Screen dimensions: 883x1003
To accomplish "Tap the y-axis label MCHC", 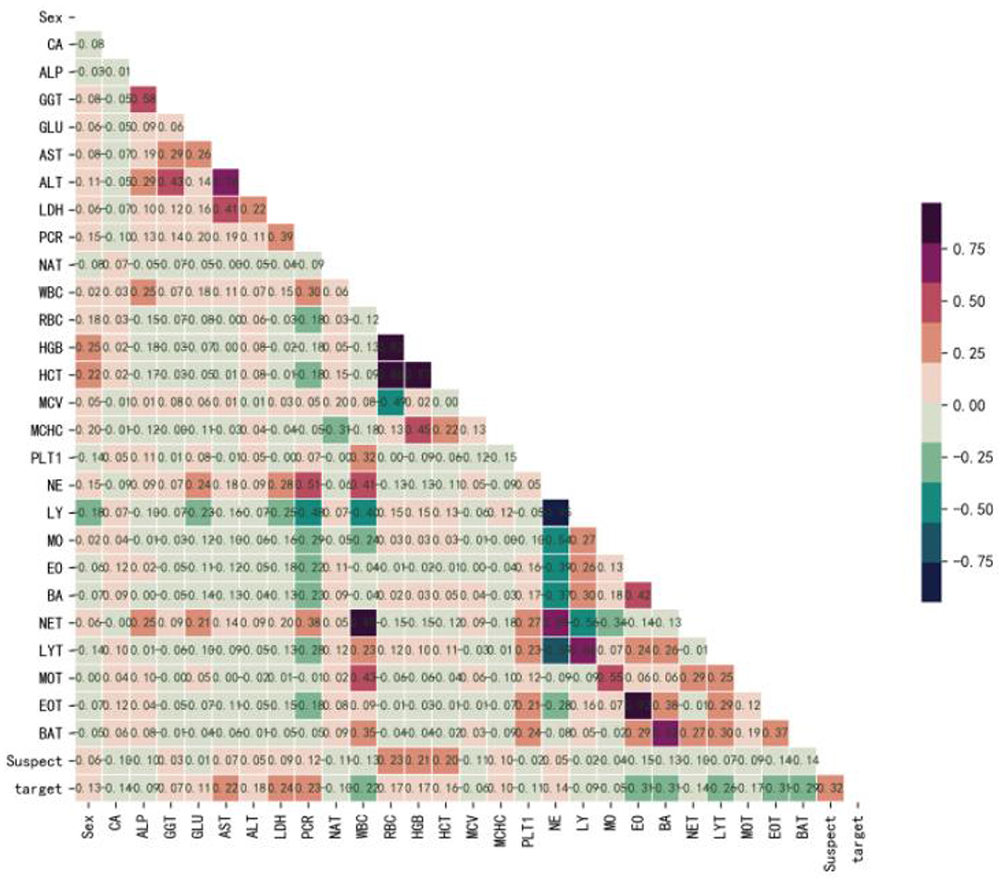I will coord(48,429).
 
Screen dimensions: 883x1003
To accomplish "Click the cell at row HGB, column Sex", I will coord(89,345).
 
